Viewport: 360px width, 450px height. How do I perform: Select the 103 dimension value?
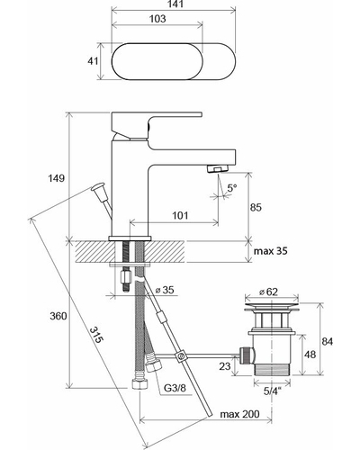pyautogui.click(x=157, y=19)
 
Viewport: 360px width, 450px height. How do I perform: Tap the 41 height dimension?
pyautogui.click(x=93, y=61)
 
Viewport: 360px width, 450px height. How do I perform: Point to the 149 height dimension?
pyautogui.click(x=57, y=178)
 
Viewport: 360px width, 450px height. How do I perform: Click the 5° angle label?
pyautogui.click(x=231, y=188)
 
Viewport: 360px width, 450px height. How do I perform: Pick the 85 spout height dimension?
pyautogui.click(x=256, y=207)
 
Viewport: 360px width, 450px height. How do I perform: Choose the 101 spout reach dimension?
pyautogui.click(x=180, y=215)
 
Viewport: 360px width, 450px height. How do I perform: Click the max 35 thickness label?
pyautogui.click(x=270, y=251)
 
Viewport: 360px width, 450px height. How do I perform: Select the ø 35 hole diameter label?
pyautogui.click(x=165, y=290)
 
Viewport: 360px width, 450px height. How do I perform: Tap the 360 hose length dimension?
pyautogui.click(x=58, y=316)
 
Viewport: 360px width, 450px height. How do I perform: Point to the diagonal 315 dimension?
pyautogui.click(x=96, y=335)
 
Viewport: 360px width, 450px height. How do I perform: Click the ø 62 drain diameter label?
pyautogui.click(x=269, y=292)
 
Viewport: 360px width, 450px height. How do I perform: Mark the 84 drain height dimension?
pyautogui.click(x=328, y=341)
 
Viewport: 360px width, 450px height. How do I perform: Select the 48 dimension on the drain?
pyautogui.click(x=310, y=355)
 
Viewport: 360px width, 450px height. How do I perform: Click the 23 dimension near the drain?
pyautogui.click(x=225, y=366)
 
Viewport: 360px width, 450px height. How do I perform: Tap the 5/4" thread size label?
pyautogui.click(x=272, y=391)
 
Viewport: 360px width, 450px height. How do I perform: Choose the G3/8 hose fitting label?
pyautogui.click(x=175, y=388)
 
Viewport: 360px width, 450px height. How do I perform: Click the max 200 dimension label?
pyautogui.click(x=239, y=414)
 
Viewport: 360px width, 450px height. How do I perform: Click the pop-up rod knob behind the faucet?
pyautogui.click(x=98, y=188)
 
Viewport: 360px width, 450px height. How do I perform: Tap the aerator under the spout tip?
pyautogui.click(x=218, y=168)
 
